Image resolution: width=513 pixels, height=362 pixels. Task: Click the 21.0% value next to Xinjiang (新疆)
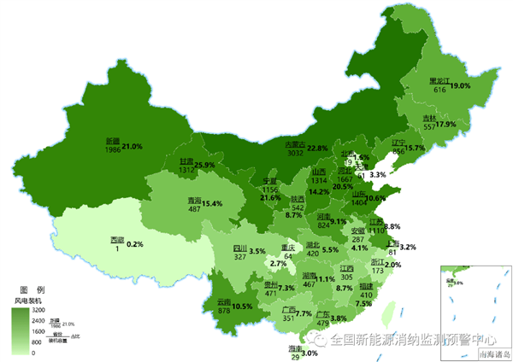click(132, 147)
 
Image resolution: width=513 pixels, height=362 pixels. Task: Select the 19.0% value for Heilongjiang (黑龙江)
click(461, 86)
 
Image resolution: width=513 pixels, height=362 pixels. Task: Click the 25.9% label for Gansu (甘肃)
click(204, 165)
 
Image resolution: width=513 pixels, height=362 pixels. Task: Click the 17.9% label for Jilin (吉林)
click(446, 125)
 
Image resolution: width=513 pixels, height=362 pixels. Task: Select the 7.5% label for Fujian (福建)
click(363, 304)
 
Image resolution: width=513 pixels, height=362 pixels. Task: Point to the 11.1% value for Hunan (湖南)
click(325, 279)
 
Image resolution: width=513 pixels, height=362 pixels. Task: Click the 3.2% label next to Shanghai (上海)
click(408, 248)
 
